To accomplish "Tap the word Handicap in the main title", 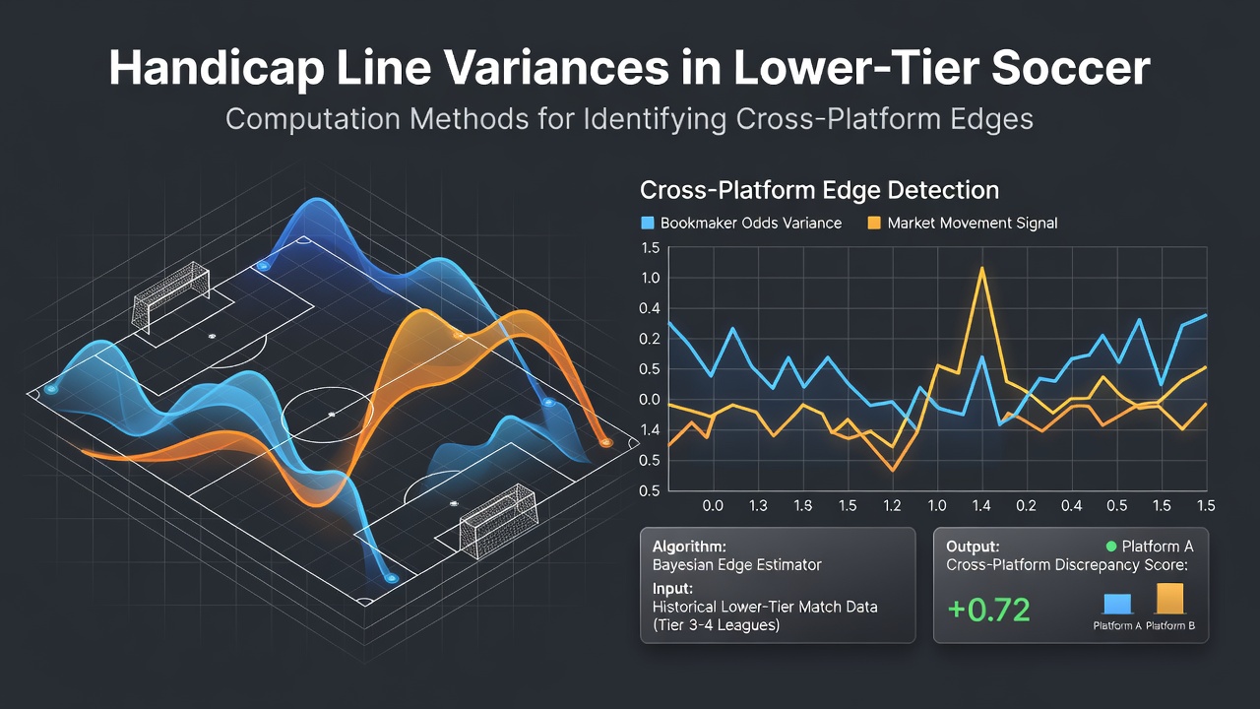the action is pos(217,68).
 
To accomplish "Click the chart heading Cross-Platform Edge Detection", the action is pos(820,190).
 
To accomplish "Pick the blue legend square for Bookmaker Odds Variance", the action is pos(648,223).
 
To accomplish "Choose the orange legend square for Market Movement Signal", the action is pos(874,223).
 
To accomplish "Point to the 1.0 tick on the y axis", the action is pos(650,278).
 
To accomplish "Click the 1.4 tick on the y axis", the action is pos(650,430).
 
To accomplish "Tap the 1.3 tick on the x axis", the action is pos(758,505).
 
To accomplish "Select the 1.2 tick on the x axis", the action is pos(892,505).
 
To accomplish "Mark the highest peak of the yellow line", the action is pos(982,268).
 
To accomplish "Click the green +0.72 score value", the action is pos(989,610).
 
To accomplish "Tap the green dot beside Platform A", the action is pos(1111,546).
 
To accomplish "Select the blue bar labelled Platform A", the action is pos(1117,604).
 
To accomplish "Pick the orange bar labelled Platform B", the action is pos(1169,598).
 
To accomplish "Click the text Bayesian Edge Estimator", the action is pos(737,565).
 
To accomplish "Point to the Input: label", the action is pos(672,589).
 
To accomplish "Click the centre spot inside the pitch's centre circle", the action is pos(332,415).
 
